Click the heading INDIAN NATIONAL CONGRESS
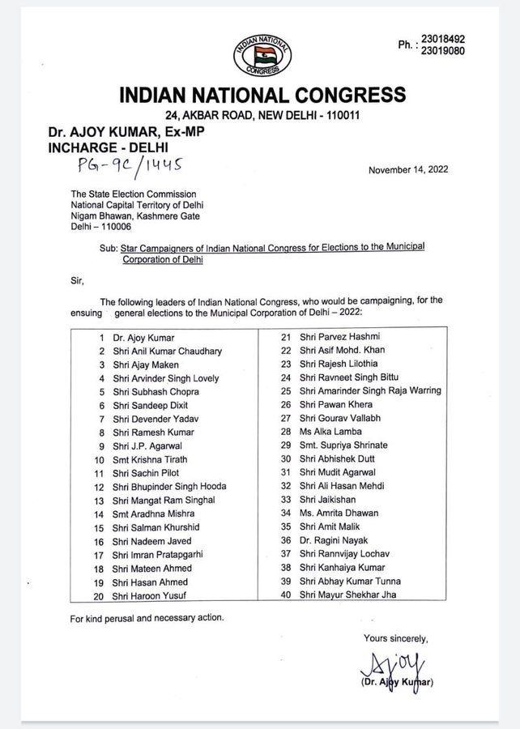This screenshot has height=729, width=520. coord(262,96)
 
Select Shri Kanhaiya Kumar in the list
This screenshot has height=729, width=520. coord(339,568)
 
